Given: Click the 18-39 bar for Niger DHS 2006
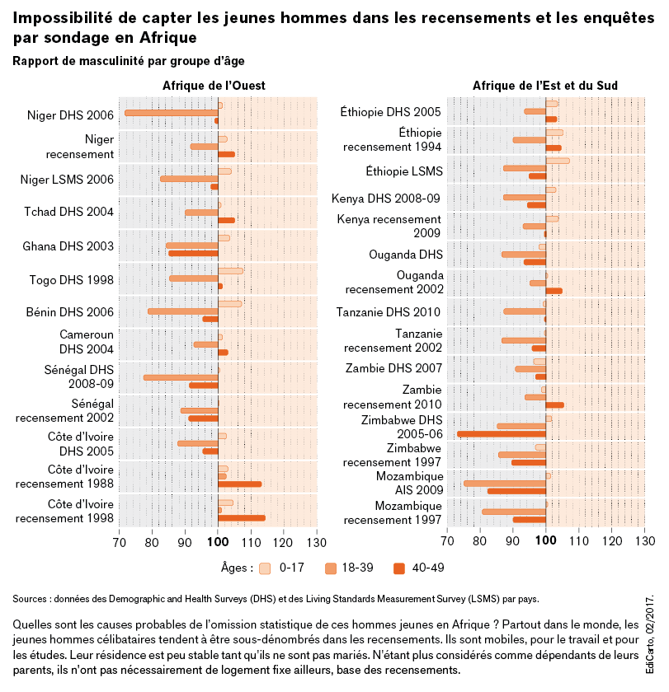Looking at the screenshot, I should coord(171,113).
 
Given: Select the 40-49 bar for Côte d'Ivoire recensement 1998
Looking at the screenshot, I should coord(241,518).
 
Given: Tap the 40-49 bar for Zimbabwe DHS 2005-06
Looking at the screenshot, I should coord(501,434).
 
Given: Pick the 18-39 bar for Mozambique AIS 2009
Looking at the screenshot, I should coord(504,484).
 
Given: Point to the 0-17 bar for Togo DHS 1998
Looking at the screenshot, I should coord(230,270).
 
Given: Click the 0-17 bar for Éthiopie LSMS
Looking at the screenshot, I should coord(557,161).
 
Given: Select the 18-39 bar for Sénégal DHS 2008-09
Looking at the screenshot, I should coord(181,377).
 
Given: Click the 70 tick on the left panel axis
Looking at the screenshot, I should coord(119,541).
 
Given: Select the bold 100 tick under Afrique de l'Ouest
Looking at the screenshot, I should coord(218,541).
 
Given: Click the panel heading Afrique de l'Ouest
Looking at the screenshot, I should coord(214,86).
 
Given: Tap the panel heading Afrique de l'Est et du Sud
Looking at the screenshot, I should coord(545,86).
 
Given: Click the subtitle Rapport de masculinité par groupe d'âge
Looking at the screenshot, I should coord(129,61).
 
